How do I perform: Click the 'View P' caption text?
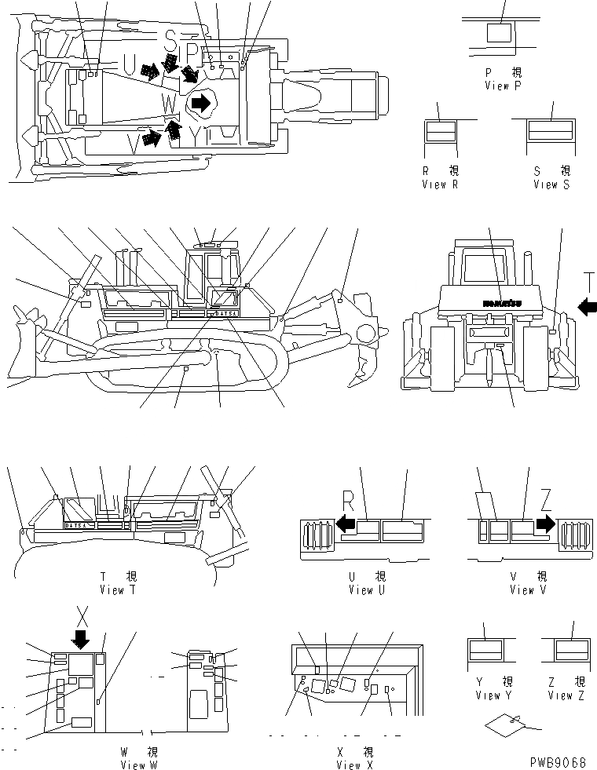click(502, 85)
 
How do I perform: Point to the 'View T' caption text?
click(117, 589)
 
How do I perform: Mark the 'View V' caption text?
click(522, 589)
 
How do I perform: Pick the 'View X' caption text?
click(359, 765)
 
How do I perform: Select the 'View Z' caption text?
click(566, 695)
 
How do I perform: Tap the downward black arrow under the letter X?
click(80, 640)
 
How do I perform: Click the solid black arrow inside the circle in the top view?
click(202, 102)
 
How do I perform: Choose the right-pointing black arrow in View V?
click(545, 523)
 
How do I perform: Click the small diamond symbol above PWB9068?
click(502, 726)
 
